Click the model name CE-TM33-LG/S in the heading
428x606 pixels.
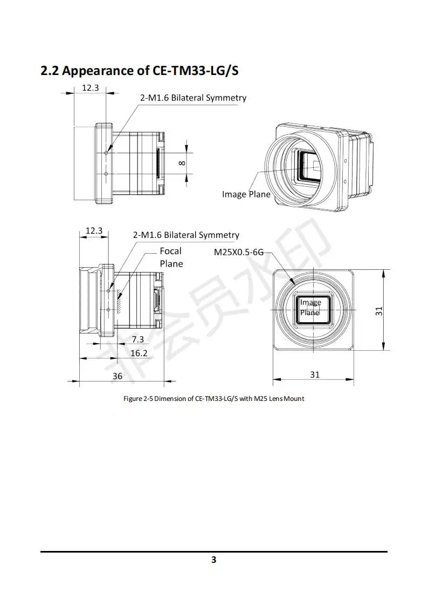189,71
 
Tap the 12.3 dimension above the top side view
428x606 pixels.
90,87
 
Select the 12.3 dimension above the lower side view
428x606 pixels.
94,230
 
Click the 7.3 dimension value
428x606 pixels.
138,339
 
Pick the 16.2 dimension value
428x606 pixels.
139,353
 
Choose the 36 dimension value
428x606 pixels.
118,376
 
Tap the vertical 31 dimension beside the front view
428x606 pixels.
379,311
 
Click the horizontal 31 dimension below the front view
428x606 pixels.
315,374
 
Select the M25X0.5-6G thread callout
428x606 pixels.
239,251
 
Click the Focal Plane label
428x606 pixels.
171,257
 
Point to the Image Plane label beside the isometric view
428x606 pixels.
246,194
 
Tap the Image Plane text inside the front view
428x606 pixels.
310,308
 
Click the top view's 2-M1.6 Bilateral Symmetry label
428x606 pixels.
193,98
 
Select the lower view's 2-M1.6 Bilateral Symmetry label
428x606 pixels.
186,235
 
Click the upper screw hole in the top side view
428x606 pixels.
107,153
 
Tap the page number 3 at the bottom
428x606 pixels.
214,560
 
